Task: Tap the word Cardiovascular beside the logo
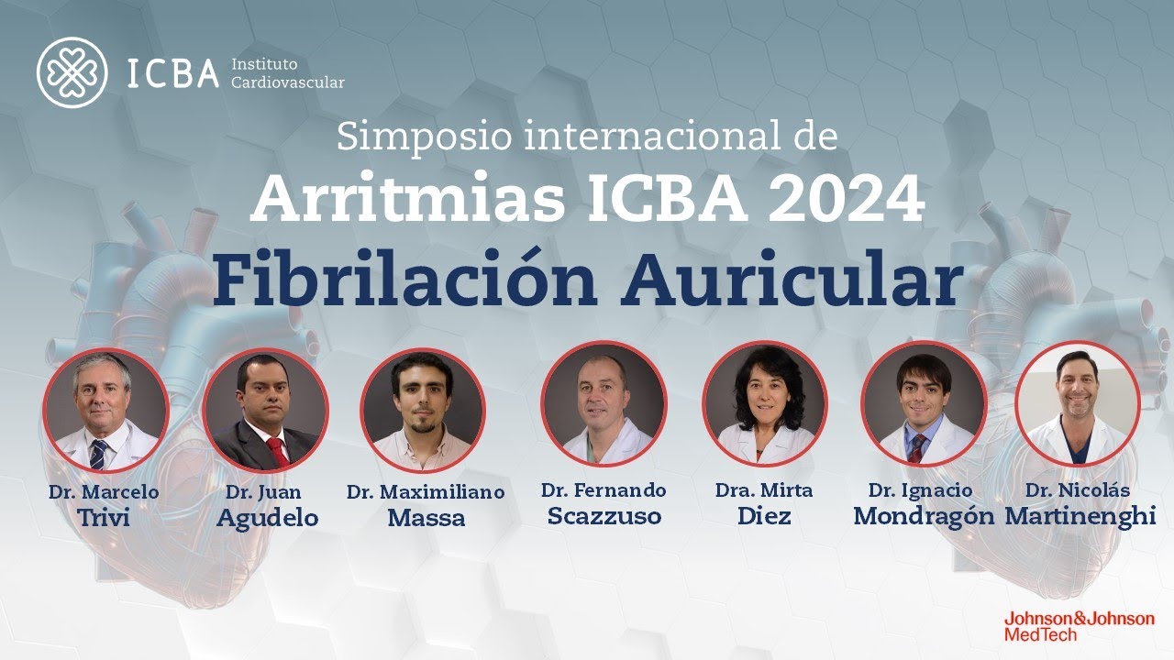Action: [x=288, y=82]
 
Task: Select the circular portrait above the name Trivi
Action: [x=105, y=410]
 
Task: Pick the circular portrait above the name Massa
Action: [x=422, y=410]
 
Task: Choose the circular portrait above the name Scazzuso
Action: [x=604, y=403]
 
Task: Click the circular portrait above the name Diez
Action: [x=764, y=403]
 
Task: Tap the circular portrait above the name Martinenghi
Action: [x=1078, y=403]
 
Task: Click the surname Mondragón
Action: [x=923, y=516]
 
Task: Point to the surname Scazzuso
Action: [x=604, y=516]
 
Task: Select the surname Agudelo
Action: [x=267, y=518]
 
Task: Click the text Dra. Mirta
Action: [x=763, y=490]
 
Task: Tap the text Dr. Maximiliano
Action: [x=425, y=492]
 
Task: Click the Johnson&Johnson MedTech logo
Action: [x=1079, y=625]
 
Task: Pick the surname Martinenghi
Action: [x=1080, y=516]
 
